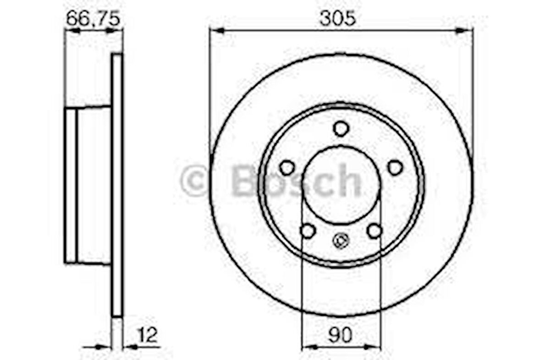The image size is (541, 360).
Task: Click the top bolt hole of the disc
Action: click(341, 128)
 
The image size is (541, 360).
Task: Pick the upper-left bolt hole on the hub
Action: click(287, 167)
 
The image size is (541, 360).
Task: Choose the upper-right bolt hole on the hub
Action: click(395, 167)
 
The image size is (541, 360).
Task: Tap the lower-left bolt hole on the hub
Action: click(308, 231)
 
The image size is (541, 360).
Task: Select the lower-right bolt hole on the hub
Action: click(375, 231)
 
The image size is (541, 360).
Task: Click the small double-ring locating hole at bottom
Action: click(341, 240)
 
